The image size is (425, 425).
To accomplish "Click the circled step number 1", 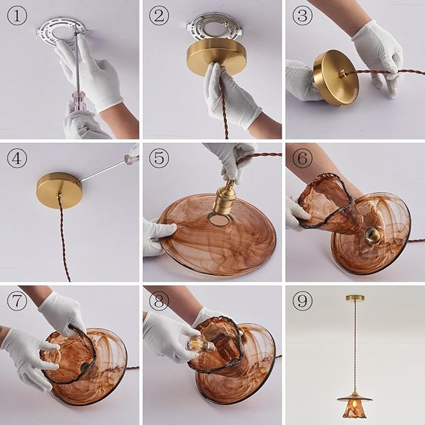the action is [17, 16].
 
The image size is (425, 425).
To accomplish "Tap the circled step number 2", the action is [159, 16].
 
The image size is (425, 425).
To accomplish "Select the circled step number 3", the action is [302, 16].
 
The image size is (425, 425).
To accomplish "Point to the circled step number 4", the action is [17, 158].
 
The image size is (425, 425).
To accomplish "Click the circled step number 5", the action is [159, 158].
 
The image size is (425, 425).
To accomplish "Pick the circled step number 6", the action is [302, 158].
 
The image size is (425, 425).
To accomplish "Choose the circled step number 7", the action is [17, 301].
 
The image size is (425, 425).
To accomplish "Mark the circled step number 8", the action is [159, 301].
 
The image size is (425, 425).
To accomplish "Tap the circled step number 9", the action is [302, 301].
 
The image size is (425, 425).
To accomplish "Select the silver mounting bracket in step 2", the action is [213, 30].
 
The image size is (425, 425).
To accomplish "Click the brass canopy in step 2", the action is [213, 58].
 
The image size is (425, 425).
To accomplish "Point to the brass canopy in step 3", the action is [335, 78].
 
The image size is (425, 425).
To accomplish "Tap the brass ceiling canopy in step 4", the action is [59, 190].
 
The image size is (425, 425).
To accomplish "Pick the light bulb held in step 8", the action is [200, 344].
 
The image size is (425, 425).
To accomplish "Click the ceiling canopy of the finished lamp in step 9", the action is [355, 298].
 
